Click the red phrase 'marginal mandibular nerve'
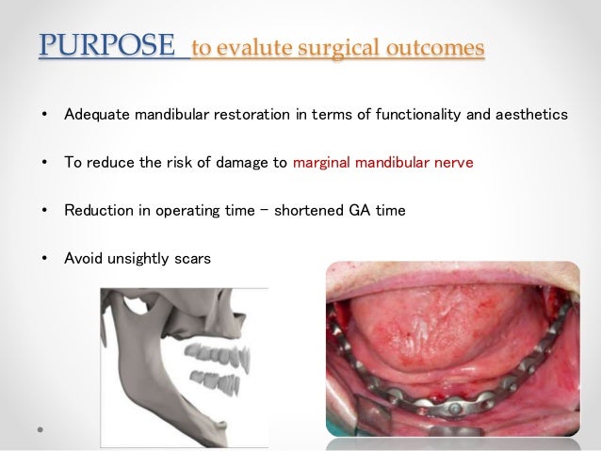[x=383, y=163]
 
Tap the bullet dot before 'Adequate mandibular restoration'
[x=45, y=115]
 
